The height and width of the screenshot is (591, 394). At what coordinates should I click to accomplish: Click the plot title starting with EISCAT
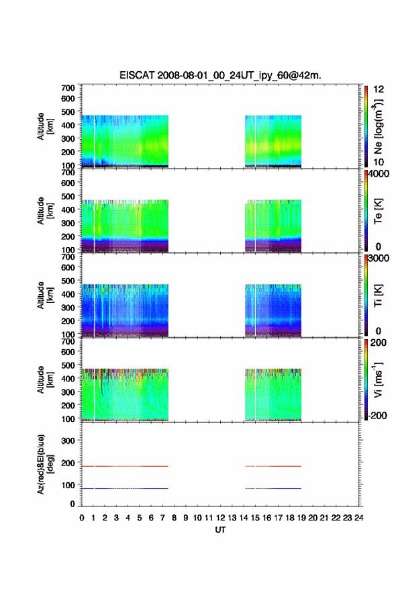pyautogui.click(x=220, y=75)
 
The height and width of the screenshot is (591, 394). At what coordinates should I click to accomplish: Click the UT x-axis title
pyautogui.click(x=220, y=530)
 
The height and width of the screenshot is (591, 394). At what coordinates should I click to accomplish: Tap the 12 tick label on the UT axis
pyautogui.click(x=220, y=518)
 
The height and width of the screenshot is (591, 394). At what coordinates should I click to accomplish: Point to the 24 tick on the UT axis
pyautogui.click(x=358, y=518)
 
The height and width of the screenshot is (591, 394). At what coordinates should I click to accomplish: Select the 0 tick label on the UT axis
pyautogui.click(x=82, y=518)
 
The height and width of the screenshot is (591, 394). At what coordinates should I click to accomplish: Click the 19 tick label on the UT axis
pyautogui.click(x=301, y=518)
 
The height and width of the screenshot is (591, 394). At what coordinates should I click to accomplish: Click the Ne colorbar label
pyautogui.click(x=378, y=127)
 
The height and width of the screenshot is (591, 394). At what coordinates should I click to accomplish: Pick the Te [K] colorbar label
pyautogui.click(x=378, y=211)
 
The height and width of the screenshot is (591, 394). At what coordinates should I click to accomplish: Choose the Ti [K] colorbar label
pyautogui.click(x=378, y=295)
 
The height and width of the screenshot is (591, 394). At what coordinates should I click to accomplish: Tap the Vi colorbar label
pyautogui.click(x=378, y=379)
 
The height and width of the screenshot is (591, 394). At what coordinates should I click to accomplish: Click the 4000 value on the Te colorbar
pyautogui.click(x=379, y=174)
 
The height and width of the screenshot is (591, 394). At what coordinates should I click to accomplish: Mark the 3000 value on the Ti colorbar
pyautogui.click(x=379, y=258)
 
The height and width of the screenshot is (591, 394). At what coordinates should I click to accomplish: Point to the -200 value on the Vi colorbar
pyautogui.click(x=378, y=415)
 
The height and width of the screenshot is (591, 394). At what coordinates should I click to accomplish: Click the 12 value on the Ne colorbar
pyautogui.click(x=379, y=89)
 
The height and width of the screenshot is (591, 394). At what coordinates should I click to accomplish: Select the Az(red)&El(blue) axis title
pyautogui.click(x=45, y=464)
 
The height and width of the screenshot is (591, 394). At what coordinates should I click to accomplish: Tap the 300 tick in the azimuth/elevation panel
pyautogui.click(x=68, y=441)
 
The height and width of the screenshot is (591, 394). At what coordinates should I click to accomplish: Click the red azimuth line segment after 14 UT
pyautogui.click(x=273, y=466)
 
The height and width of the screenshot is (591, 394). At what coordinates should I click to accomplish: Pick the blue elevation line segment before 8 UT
pyautogui.click(x=125, y=488)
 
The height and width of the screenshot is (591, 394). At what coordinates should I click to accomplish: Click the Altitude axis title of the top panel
pyautogui.click(x=45, y=126)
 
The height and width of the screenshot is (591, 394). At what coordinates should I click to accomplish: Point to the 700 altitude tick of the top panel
pyautogui.click(x=68, y=88)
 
